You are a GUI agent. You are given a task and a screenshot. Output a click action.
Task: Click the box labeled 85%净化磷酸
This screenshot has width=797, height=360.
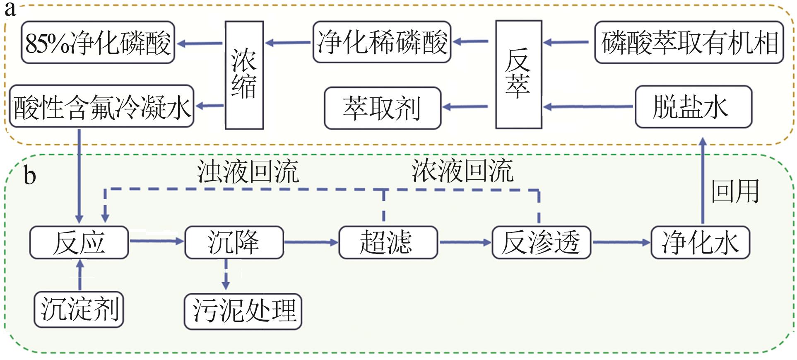(98, 43)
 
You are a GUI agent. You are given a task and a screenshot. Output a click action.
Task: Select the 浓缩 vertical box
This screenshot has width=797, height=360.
(244, 75)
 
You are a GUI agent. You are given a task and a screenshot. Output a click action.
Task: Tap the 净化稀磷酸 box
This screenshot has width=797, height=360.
(382, 42)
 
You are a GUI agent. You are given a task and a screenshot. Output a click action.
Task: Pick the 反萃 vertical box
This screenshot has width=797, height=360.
(518, 75)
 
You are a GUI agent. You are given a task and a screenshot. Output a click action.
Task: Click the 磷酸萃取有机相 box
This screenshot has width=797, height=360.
(689, 43)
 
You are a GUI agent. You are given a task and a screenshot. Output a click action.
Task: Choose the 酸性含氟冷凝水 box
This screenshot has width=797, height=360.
(101, 106)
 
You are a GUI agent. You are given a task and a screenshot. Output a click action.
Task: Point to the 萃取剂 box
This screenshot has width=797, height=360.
(383, 108)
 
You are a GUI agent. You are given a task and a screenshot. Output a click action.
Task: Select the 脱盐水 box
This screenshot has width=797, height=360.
(693, 107)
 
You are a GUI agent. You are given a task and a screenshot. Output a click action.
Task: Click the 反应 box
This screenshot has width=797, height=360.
(79, 242)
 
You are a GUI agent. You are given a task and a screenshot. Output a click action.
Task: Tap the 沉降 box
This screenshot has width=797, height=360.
(234, 242)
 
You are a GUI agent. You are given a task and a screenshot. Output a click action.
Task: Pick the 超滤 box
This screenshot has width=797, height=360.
(388, 242)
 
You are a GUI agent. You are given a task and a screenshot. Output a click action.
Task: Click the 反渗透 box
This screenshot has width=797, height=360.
(541, 242)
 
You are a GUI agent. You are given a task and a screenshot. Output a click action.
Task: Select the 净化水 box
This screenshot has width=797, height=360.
(700, 242)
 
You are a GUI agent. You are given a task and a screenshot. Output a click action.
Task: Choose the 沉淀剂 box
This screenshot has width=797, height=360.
(79, 309)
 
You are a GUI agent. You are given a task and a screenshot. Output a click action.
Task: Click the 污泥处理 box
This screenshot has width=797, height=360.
(243, 311)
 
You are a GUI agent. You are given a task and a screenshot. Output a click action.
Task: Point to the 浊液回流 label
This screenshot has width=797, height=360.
(248, 171)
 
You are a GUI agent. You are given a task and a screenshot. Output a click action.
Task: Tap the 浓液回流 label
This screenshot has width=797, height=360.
(462, 170)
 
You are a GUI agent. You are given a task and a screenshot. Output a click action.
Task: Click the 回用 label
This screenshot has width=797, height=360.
(735, 191)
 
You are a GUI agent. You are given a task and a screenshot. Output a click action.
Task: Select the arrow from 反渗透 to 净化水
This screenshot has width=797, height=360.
(621, 242)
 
